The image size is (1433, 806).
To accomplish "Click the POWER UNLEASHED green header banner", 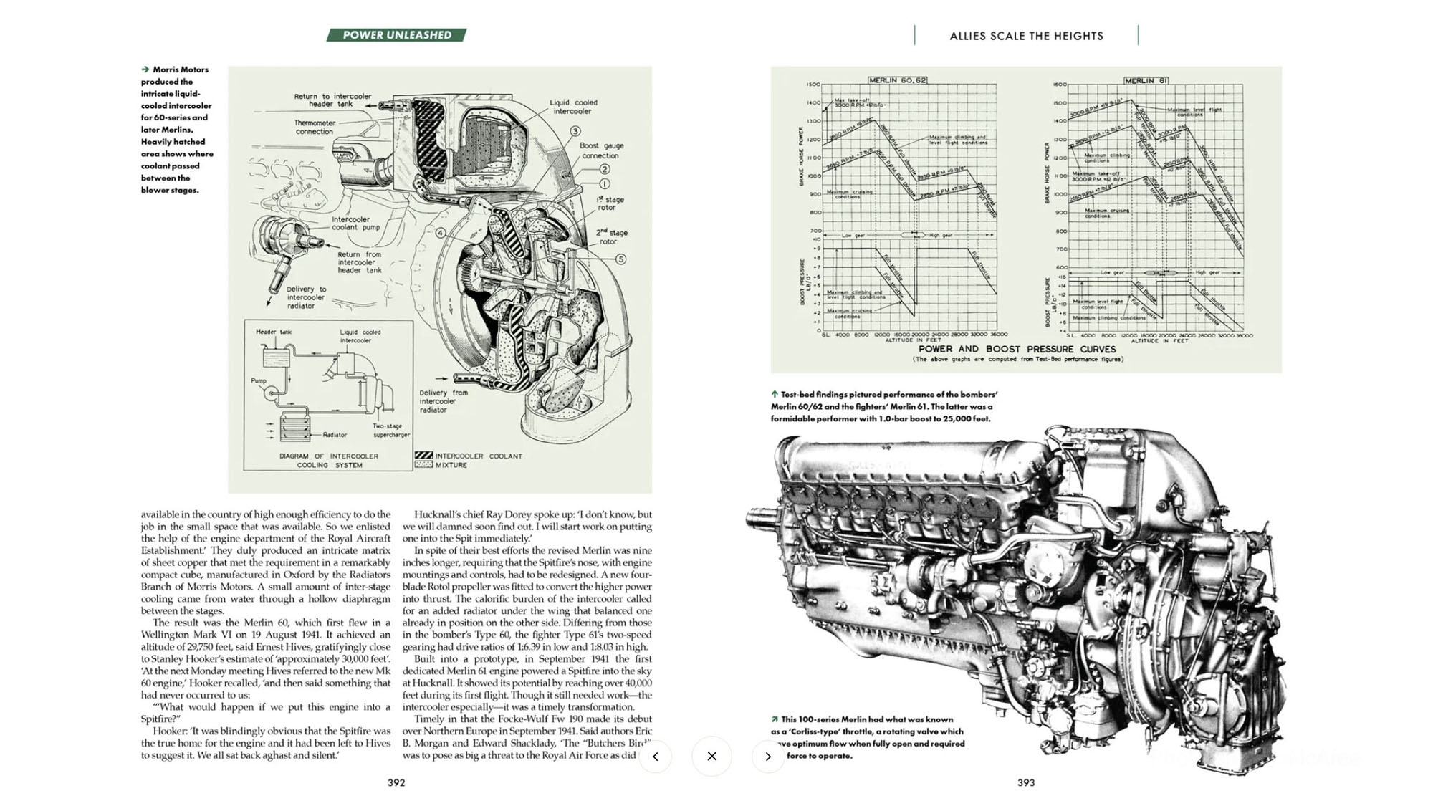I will tap(396, 35).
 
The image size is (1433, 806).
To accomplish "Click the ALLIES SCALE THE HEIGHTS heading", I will tap(1026, 36).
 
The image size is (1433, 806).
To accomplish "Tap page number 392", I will tap(396, 782).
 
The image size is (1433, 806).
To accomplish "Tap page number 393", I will tap(1025, 782).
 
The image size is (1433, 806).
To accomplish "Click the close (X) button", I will tap(711, 756).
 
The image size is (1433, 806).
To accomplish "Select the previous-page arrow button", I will tap(655, 756).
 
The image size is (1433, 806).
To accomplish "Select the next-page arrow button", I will tap(768, 756).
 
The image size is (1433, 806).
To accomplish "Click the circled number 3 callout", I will tap(575, 131).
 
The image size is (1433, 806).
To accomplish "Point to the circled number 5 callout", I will tap(620, 259).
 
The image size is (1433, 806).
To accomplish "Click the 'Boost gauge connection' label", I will tap(601, 150).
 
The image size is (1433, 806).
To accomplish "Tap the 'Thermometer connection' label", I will tap(315, 127).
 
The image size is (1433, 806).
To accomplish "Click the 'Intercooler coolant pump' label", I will tap(355, 224).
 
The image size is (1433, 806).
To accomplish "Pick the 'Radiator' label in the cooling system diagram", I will tap(335, 435).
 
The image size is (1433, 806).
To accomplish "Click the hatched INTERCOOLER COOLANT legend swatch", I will tap(423, 456).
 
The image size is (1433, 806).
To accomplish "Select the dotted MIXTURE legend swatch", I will tap(423, 465).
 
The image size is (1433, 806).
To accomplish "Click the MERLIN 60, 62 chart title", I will tap(897, 80).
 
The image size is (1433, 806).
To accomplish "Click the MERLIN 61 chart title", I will tap(1146, 81).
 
